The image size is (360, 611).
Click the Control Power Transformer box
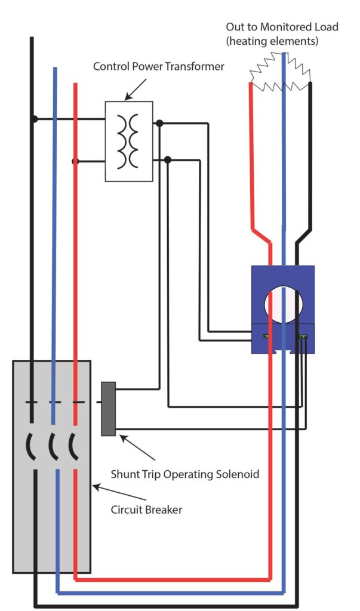click(x=129, y=141)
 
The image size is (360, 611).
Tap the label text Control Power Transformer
click(x=158, y=66)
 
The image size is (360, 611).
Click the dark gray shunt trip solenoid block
click(x=108, y=408)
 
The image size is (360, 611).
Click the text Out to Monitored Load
click(x=281, y=27)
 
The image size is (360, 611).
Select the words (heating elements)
click(x=272, y=41)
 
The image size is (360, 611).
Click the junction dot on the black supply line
click(x=35, y=119)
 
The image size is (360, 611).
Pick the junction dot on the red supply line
click(x=75, y=161)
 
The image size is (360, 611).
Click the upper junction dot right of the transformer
click(x=159, y=124)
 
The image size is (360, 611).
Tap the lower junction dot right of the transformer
click(x=168, y=159)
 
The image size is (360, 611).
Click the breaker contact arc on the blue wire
click(x=52, y=446)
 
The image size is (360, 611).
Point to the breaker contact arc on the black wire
click(x=30, y=446)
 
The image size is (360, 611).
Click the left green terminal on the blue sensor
click(x=264, y=337)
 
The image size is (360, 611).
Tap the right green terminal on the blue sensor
click(x=303, y=337)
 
